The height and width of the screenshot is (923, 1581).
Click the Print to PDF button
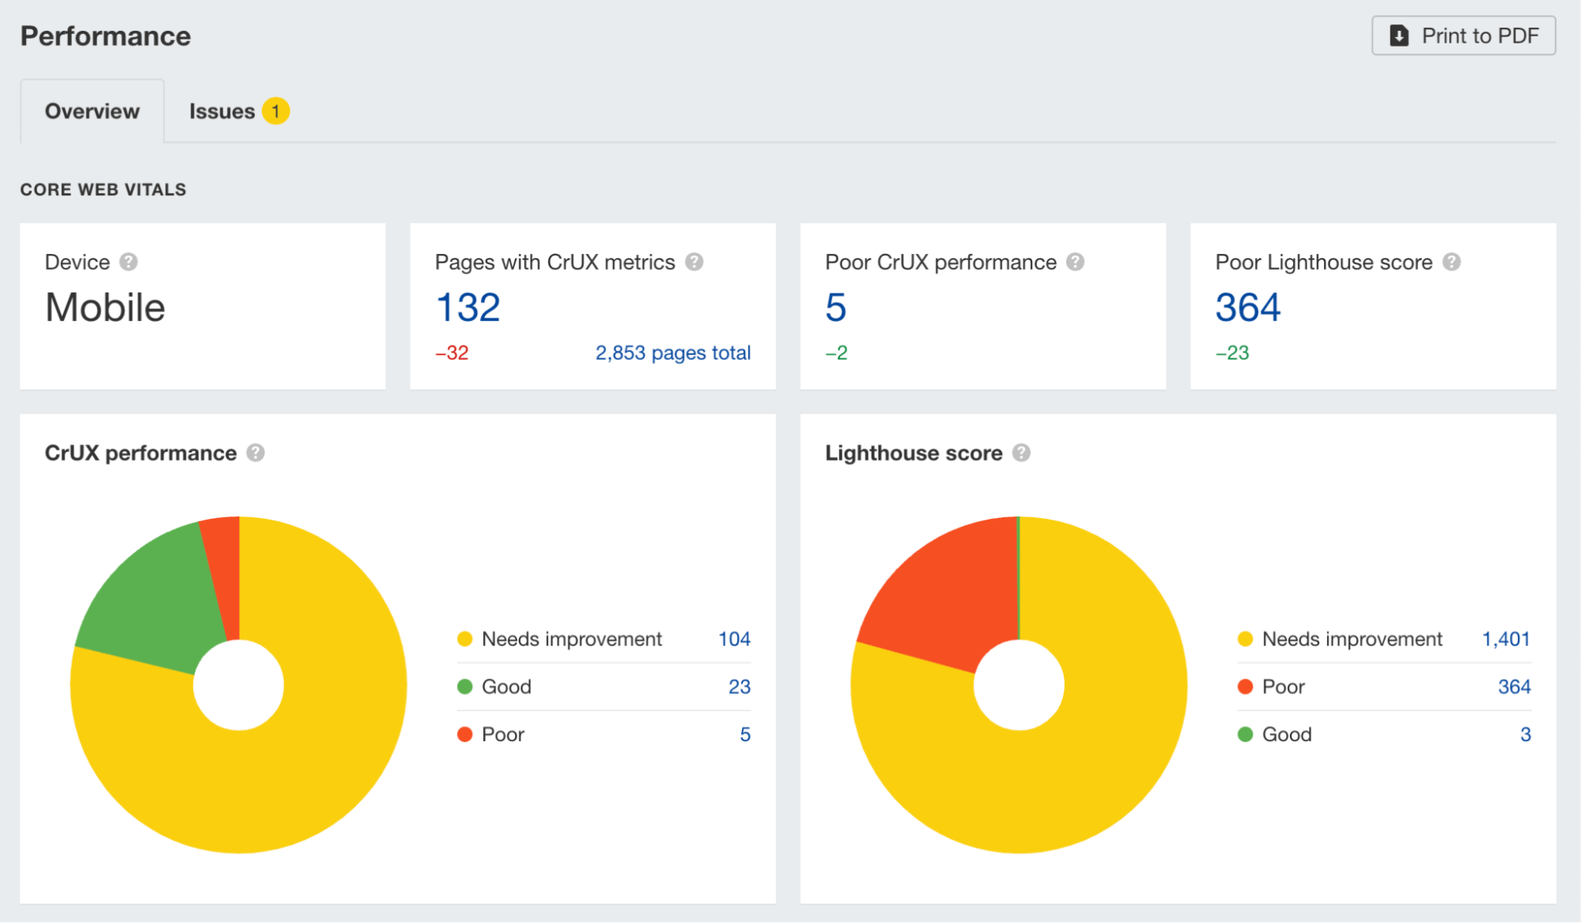(x=1463, y=36)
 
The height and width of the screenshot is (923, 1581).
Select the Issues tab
(x=221, y=112)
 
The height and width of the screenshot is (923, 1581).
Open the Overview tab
(x=92, y=112)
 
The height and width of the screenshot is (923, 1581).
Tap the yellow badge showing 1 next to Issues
(x=275, y=112)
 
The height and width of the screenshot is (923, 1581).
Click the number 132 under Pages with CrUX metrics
(x=467, y=308)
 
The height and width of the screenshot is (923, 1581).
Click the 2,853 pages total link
(x=672, y=353)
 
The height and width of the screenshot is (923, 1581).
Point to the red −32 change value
(x=452, y=353)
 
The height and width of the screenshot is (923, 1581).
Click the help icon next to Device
(x=128, y=262)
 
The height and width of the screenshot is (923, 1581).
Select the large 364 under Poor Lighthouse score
(x=1247, y=308)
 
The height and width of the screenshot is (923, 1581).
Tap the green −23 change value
(x=1231, y=353)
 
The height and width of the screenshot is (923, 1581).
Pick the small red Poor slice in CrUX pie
(x=225, y=569)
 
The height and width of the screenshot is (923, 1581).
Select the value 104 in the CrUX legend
(x=734, y=639)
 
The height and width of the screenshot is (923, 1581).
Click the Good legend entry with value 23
(x=506, y=687)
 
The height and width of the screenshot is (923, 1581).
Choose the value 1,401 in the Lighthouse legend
(x=1505, y=639)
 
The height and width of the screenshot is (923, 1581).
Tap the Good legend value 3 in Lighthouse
(x=1525, y=735)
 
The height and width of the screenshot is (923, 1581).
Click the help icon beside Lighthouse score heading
(x=1021, y=453)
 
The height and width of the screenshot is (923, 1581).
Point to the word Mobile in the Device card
(x=105, y=308)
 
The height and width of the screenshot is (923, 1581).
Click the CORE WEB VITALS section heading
(x=103, y=190)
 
